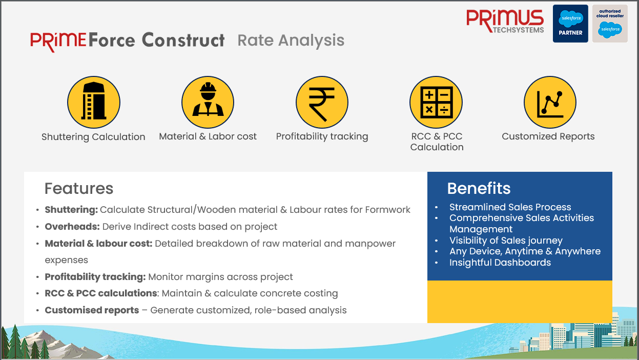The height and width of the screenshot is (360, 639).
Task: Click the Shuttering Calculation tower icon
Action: pos(94,102)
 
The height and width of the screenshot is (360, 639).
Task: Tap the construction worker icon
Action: pos(208,102)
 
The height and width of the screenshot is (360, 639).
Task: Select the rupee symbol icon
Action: pos(322,102)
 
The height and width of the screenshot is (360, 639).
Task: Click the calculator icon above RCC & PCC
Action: pos(436,102)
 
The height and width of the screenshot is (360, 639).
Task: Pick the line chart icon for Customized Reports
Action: pos(550,102)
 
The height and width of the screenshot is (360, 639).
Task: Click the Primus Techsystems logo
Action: pos(505,22)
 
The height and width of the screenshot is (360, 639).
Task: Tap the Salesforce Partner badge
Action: pos(570,24)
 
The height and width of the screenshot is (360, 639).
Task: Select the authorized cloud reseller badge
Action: pos(610,24)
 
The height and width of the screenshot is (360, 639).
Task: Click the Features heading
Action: pos(79,188)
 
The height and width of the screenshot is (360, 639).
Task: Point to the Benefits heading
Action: pos(479,188)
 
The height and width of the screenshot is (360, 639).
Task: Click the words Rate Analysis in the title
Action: pos(291,40)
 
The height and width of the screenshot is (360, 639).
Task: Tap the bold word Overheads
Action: pos(72,227)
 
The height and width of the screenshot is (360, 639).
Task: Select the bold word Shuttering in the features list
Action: pos(71,210)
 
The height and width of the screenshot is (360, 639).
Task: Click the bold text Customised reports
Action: pos(92,310)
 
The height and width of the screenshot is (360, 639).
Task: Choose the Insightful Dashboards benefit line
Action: pos(500,263)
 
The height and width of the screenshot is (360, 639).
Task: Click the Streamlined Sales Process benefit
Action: pos(510,207)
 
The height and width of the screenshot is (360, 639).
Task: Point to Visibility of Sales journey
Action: pos(506,241)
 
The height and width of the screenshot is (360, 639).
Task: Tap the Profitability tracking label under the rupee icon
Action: pos(322,136)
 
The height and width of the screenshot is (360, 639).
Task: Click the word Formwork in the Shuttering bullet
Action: pos(388,210)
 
